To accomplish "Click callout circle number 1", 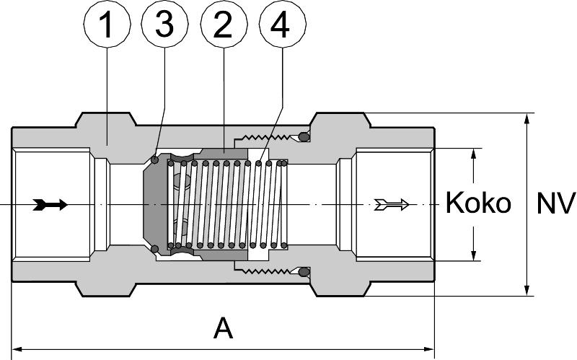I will coord(107,27).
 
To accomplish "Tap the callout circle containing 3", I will coord(165,27).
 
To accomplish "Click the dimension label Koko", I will coord(478,203).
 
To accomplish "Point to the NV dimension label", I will coord(556,203).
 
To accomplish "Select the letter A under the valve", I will coord(224,329).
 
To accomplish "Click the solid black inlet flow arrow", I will coord(50,205).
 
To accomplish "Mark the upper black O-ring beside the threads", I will coord(304,136).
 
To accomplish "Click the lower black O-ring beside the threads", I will coord(304,273).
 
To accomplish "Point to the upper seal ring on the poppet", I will coord(155,159).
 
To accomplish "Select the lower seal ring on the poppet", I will coord(155,250).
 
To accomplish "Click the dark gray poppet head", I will coord(154,204).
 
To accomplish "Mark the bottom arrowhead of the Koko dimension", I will coord(474,255).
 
